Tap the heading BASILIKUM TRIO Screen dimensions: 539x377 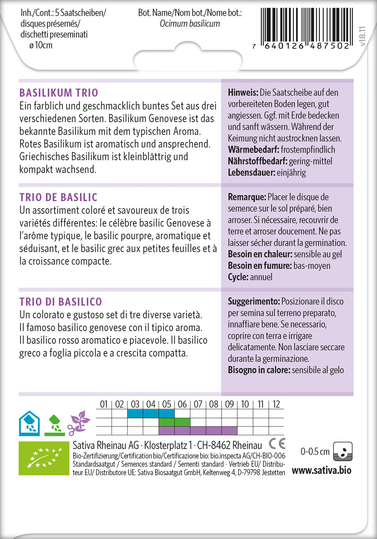[58, 93]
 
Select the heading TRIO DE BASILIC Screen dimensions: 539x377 [58, 198]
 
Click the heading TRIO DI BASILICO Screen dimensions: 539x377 [61, 301]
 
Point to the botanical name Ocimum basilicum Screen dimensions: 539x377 [190, 23]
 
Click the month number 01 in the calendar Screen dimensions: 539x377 [104, 404]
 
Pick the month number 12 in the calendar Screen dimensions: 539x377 [276, 404]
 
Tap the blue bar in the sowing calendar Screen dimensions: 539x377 [151, 413]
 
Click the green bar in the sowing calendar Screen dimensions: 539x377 [174, 422]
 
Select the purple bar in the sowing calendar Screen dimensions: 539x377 [198, 431]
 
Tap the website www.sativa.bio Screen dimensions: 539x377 [321, 470]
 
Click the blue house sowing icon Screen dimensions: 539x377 [29, 423]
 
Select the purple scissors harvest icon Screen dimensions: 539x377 [79, 423]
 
